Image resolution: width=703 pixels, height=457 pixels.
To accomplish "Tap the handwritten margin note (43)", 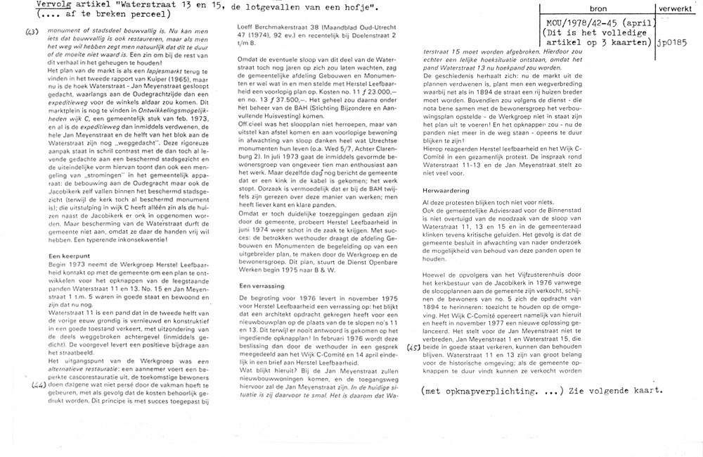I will [x=31, y=32].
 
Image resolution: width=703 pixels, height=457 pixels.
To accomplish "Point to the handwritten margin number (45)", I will [x=414, y=346].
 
